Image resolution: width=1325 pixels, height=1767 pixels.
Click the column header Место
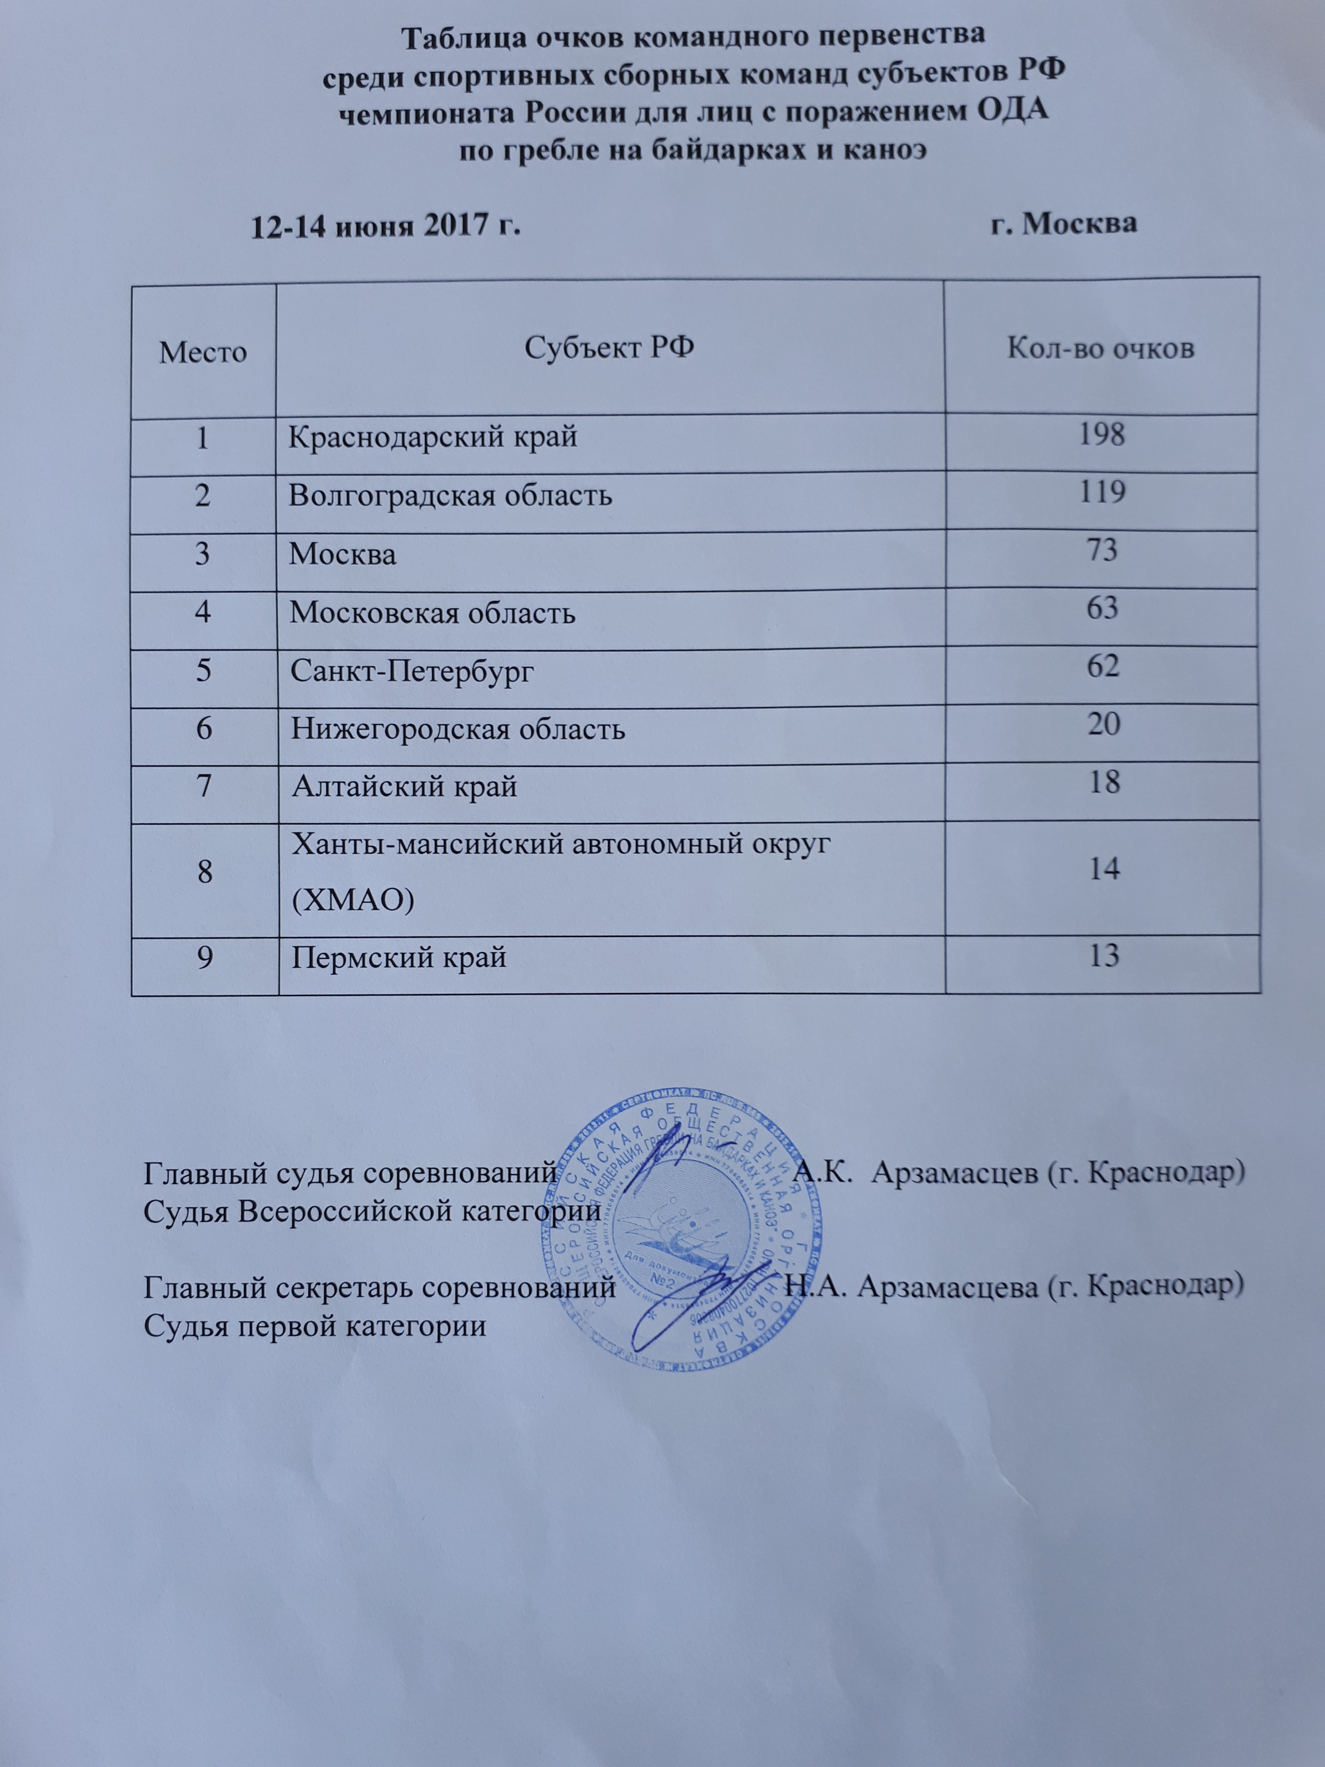[x=203, y=352]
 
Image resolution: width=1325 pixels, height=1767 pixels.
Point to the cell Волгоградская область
[x=450, y=496]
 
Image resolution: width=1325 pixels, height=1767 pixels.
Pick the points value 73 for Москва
[x=1102, y=550]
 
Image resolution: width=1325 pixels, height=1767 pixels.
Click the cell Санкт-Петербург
[x=411, y=671]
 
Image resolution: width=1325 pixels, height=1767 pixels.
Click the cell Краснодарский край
[x=432, y=438]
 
